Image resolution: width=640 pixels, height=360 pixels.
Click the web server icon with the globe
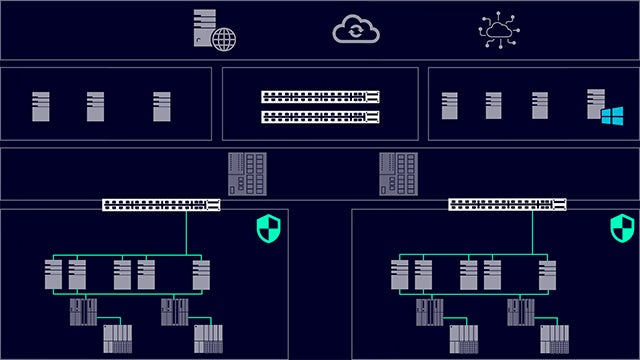(214, 30)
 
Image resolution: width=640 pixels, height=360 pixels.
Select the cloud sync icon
(355, 30)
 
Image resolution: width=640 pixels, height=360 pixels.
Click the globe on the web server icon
(224, 38)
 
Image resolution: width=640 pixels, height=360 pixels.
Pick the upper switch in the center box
(320, 97)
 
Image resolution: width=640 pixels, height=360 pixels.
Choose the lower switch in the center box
(320, 117)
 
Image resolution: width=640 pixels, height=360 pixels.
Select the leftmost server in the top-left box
(41, 106)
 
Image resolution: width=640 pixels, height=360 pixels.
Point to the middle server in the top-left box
(95, 106)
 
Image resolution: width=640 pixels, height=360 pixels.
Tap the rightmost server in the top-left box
(162, 106)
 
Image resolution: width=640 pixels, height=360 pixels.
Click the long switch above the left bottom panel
(161, 205)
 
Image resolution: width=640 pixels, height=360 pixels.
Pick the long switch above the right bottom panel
(507, 205)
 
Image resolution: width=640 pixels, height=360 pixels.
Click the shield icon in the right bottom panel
(623, 229)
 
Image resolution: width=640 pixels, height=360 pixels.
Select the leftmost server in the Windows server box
(450, 106)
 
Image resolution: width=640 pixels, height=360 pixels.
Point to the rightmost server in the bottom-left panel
(201, 274)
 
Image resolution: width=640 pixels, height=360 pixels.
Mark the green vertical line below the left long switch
(186, 233)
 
